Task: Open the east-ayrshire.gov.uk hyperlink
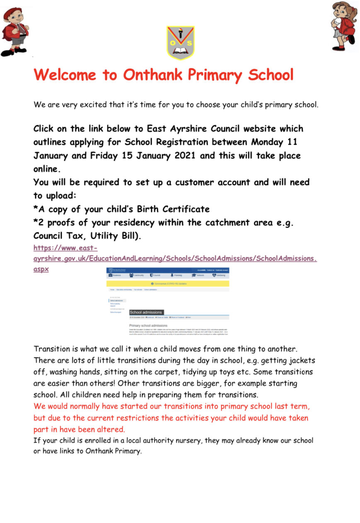(x=174, y=258)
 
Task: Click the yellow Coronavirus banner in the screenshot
(x=168, y=283)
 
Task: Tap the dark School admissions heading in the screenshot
(x=146, y=312)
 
